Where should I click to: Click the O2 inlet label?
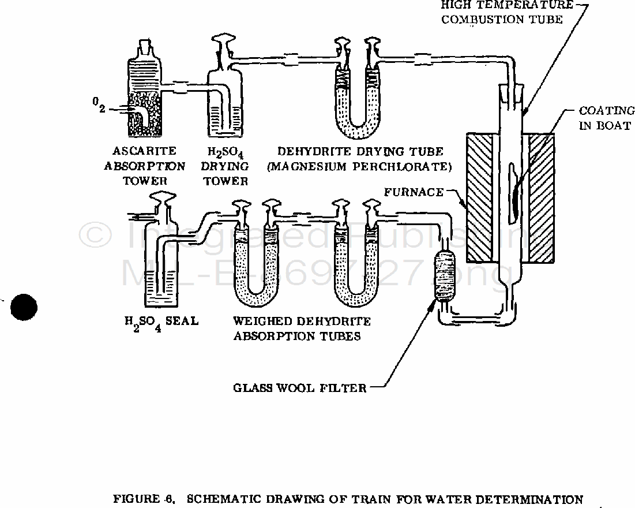coord(99,105)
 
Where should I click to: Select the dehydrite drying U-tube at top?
coord(358,89)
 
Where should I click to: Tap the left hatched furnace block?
coord(479,197)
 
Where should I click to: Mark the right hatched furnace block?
coord(542,197)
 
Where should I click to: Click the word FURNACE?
coord(414,192)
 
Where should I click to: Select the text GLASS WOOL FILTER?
coord(300,388)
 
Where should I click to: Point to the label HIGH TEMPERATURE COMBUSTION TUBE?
coord(507,12)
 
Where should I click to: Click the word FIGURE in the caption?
coord(136,499)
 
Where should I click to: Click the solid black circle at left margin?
coord(24,307)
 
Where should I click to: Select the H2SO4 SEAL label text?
coord(161,323)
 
